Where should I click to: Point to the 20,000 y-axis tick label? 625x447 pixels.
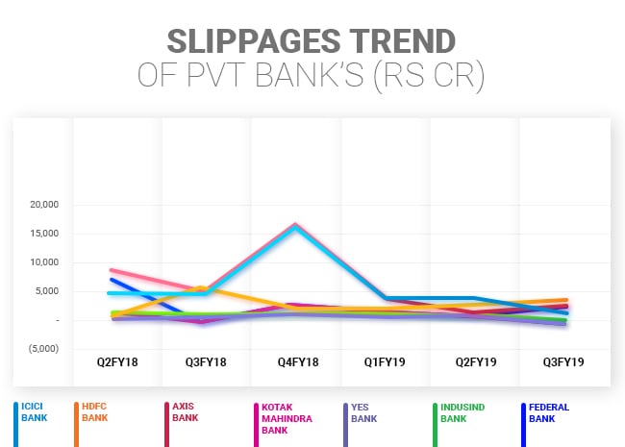coord(44,205)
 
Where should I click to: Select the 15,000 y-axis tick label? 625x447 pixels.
coord(44,234)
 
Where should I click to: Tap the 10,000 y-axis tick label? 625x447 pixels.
coord(44,262)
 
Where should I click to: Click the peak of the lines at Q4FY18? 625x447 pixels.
coord(295,226)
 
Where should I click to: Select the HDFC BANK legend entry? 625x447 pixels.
coord(95,412)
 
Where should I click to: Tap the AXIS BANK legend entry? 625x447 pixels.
coord(186,412)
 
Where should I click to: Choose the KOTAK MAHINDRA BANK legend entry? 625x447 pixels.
coord(278,418)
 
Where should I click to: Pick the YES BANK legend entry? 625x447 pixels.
coord(362,412)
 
